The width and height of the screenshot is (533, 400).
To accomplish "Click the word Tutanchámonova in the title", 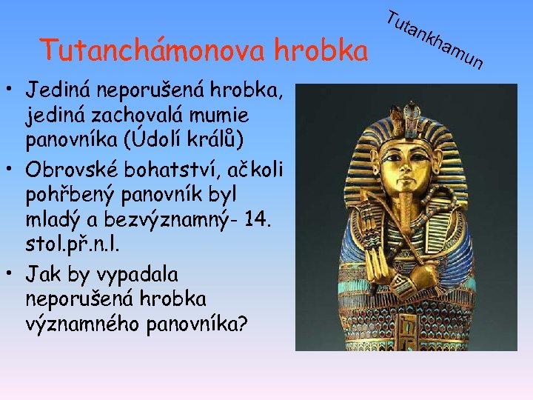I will tap(153, 50).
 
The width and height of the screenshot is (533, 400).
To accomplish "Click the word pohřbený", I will tap(70, 196).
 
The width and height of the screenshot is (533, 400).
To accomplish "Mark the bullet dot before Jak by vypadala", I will tap(13, 275).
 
